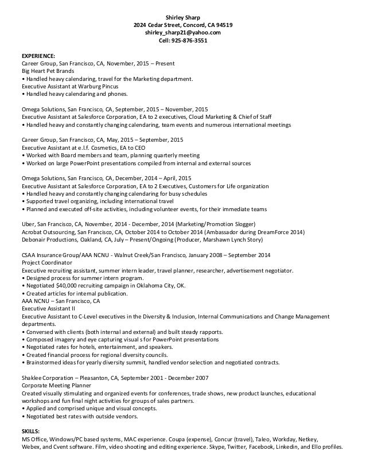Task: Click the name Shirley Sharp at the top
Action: [183, 17]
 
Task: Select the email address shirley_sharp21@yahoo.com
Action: [183, 33]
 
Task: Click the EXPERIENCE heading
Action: [38, 56]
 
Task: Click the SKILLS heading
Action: [32, 430]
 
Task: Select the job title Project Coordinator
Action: [44, 263]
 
